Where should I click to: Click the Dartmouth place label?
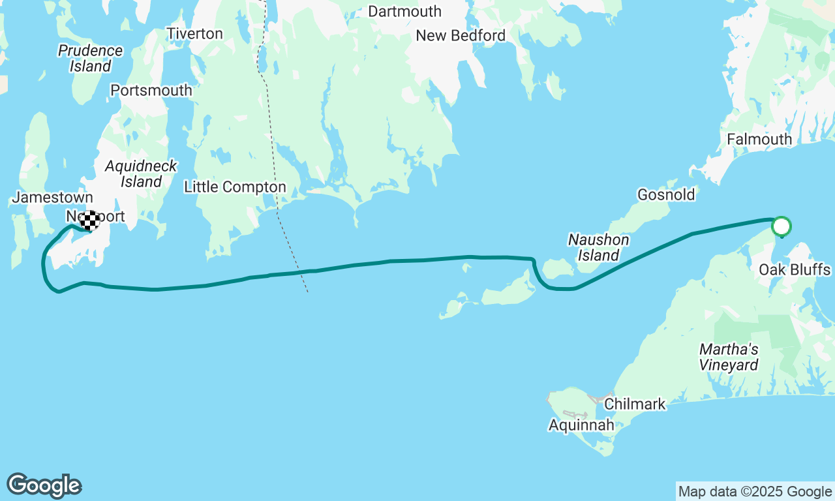pyautogui.click(x=404, y=12)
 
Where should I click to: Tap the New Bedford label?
pyautogui.click(x=461, y=36)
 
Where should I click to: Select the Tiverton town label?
pyautogui.click(x=194, y=34)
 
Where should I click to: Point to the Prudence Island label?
pyautogui.click(x=90, y=58)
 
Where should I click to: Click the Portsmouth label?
pyautogui.click(x=151, y=91)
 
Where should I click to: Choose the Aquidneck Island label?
pyautogui.click(x=141, y=174)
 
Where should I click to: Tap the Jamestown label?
pyautogui.click(x=52, y=197)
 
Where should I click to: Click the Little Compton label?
pyautogui.click(x=235, y=187)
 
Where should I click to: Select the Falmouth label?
pyautogui.click(x=759, y=140)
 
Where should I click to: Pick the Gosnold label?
pyautogui.click(x=666, y=195)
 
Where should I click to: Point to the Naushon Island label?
pyautogui.click(x=598, y=247)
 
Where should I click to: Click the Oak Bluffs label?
pyautogui.click(x=795, y=270)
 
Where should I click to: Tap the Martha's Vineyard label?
pyautogui.click(x=729, y=357)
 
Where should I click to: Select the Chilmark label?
pyautogui.click(x=635, y=404)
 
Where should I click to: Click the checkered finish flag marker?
pyautogui.click(x=90, y=220)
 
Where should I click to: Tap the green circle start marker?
pyautogui.click(x=781, y=227)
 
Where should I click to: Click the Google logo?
pyautogui.click(x=44, y=486)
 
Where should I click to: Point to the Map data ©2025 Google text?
pyautogui.click(x=755, y=492)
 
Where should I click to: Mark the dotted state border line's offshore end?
pyautogui.click(x=307, y=292)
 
